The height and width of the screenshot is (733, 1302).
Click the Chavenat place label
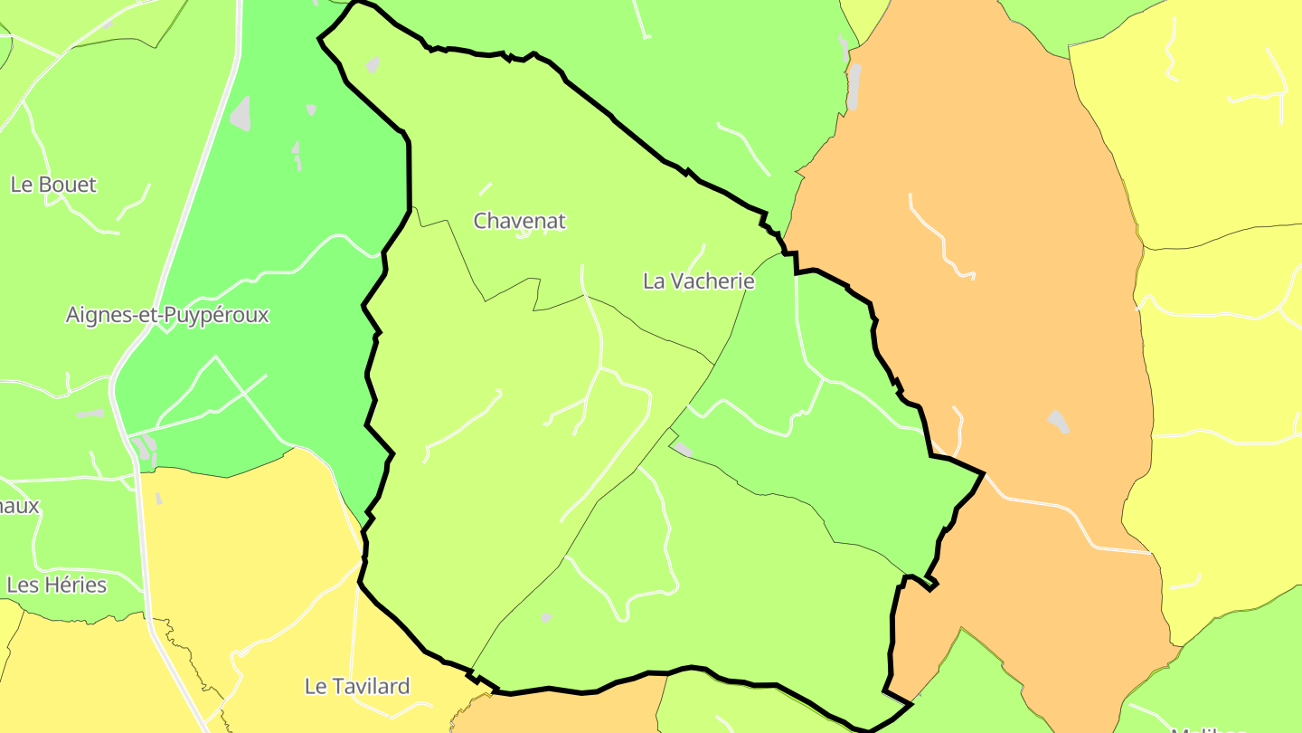click(x=520, y=221)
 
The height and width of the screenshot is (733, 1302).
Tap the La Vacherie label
click(x=698, y=281)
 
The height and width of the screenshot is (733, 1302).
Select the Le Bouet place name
click(x=53, y=185)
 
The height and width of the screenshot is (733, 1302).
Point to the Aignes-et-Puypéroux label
click(x=167, y=315)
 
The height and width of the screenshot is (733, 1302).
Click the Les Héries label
click(x=56, y=585)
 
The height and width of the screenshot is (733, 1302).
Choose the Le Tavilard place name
click(x=357, y=687)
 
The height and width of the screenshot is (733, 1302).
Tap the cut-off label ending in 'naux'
click(x=19, y=506)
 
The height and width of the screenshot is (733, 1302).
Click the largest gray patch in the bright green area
click(x=241, y=114)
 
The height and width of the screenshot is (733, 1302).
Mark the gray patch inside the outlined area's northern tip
click(x=373, y=64)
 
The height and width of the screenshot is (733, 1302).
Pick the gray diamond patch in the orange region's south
click(x=1058, y=422)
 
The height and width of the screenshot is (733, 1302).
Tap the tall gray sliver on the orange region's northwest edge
click(x=854, y=86)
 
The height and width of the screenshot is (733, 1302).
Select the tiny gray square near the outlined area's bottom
click(x=546, y=617)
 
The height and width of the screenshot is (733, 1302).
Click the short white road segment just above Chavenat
click(x=486, y=189)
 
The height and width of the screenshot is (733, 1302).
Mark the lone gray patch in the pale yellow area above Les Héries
click(x=159, y=499)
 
